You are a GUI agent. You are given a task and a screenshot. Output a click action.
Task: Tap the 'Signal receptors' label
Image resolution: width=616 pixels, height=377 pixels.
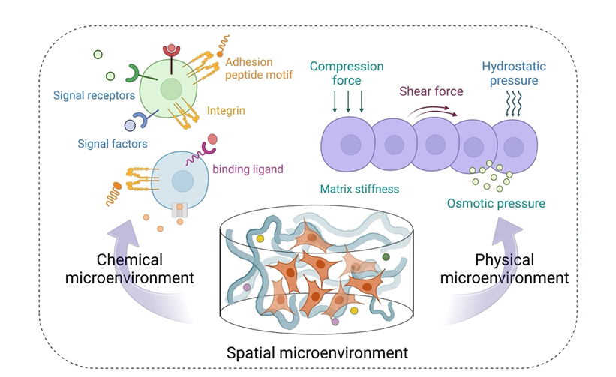click(x=95, y=96)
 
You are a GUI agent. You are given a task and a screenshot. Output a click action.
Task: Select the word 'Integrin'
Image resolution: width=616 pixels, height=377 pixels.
click(x=227, y=111)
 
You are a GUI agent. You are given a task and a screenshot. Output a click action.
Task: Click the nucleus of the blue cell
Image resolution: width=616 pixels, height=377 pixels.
click(x=182, y=181)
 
